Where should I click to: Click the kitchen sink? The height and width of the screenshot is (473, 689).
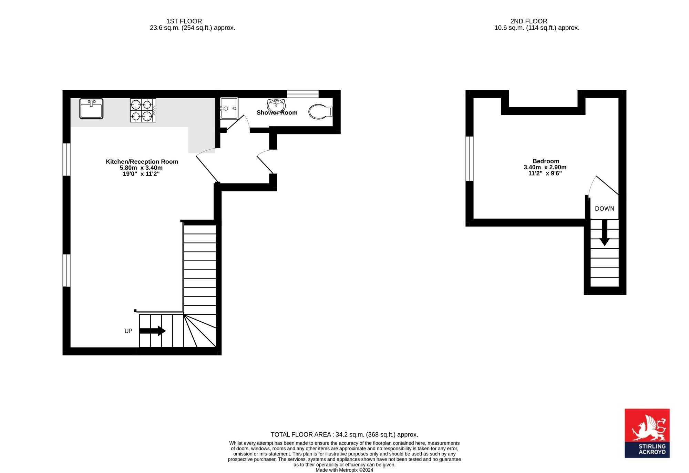click(91, 109)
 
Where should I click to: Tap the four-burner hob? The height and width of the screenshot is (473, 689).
click(143, 110)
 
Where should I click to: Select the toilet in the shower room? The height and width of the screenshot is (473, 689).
click(321, 112)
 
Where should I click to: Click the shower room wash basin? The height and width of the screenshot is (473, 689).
click(276, 105)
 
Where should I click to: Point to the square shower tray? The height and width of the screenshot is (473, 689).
click(229, 108)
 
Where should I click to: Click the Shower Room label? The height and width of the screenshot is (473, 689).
click(277, 113)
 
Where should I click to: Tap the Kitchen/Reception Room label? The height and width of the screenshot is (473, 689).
click(142, 162)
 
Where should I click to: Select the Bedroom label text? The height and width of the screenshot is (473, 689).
click(546, 161)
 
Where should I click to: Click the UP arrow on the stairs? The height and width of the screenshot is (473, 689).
click(152, 331)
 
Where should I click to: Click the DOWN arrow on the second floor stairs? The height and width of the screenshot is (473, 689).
click(605, 233)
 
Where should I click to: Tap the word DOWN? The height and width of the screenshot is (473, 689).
click(605, 209)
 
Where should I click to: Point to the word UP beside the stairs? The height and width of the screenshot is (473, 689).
click(128, 331)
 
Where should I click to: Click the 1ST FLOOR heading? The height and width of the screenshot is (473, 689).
click(184, 21)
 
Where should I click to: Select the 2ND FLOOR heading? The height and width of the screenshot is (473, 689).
click(529, 21)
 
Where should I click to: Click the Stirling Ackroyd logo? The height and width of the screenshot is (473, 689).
click(647, 433)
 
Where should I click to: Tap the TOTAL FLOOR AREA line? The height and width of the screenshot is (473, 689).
click(344, 435)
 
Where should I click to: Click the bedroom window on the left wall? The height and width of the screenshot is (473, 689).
click(470, 159)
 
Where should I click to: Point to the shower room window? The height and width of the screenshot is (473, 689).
click(303, 94)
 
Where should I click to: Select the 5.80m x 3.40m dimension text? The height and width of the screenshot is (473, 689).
click(141, 168)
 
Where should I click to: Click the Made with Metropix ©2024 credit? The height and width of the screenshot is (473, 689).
click(344, 470)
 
